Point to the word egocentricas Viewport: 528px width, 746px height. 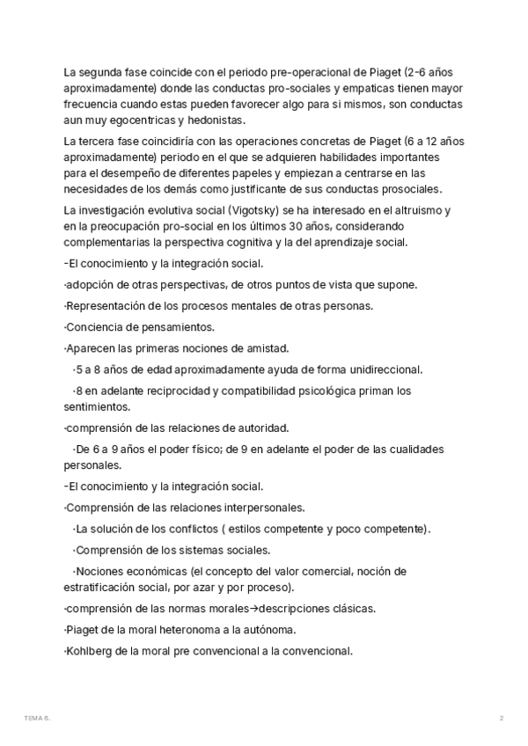coord(139,121)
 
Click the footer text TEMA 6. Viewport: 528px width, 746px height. coord(38,719)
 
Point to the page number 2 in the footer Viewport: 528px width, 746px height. coord(501,719)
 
